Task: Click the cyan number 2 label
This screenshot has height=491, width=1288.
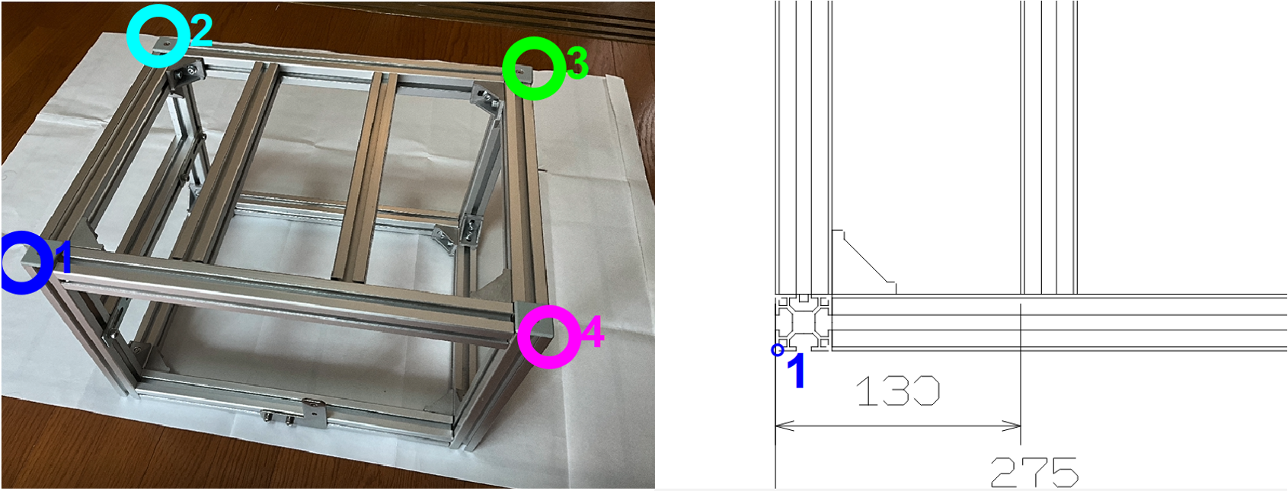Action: click(x=202, y=30)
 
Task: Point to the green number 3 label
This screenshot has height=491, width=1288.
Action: click(x=577, y=62)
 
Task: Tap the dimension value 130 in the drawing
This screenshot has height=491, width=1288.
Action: click(x=897, y=391)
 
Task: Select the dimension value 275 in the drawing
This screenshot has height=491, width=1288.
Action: click(x=1034, y=473)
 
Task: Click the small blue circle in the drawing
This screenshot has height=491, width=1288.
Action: click(x=778, y=349)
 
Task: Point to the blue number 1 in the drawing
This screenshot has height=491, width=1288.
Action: click(x=796, y=371)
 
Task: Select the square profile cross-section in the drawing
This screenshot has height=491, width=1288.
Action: click(x=803, y=323)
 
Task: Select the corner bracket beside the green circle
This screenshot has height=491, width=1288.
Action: click(x=487, y=100)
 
